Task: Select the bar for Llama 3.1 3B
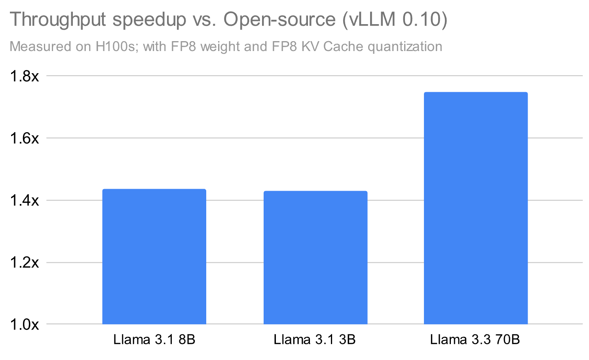click(x=315, y=258)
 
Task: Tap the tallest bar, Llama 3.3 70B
click(x=475, y=208)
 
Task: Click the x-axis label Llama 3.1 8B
click(x=154, y=339)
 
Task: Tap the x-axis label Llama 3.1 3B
click(x=315, y=339)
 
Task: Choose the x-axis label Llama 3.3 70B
click(x=475, y=339)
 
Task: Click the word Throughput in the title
click(x=57, y=20)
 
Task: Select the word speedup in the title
click(x=149, y=20)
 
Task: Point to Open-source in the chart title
click(x=279, y=20)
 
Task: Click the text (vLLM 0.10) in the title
click(x=395, y=20)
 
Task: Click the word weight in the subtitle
click(x=220, y=47)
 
